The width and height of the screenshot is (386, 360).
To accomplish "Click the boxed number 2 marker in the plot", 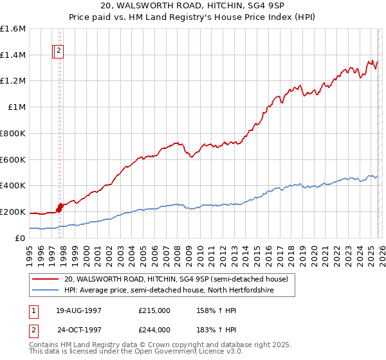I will coord(59,50).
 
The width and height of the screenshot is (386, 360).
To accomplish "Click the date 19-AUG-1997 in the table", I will coord(78,310).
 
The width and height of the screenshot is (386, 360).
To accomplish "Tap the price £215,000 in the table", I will coord(154,310).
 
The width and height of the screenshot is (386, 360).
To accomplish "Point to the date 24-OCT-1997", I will coord(78,329).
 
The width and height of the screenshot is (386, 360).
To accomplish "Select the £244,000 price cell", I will coord(154,329).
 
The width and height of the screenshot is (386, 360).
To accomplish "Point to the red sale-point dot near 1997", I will coord(60,206).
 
